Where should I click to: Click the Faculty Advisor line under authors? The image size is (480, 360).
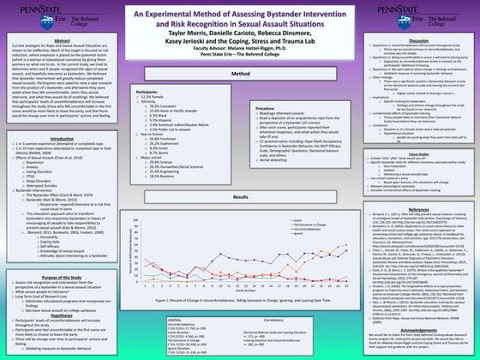[x=240, y=49]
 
